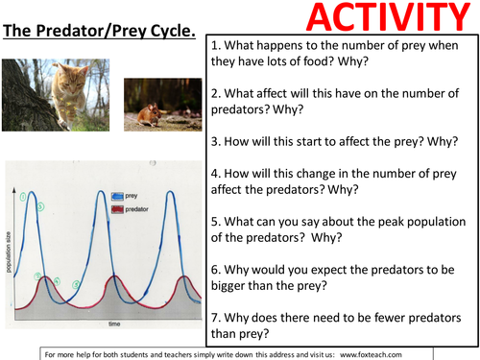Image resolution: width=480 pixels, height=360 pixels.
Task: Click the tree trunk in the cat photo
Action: coord(21,106)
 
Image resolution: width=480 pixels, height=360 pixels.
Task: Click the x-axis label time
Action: coord(113,325)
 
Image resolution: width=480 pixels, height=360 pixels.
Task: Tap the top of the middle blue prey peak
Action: coord(104,191)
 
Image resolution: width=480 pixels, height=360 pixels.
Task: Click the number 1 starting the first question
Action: coord(214,46)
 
